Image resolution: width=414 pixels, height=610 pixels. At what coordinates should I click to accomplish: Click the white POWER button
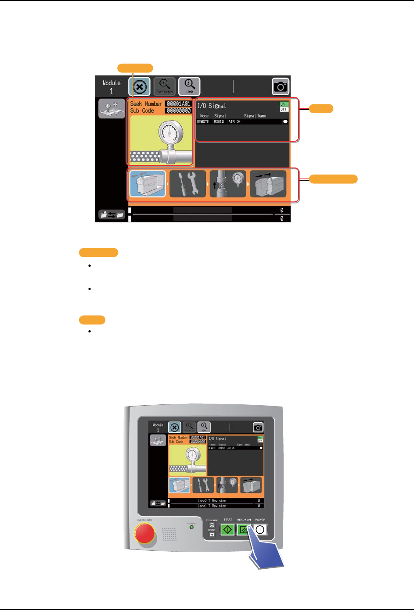[x=260, y=529]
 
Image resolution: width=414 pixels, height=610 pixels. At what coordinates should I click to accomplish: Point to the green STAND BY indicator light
[x=191, y=527]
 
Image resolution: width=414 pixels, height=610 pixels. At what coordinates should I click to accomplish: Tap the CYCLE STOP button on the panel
[x=212, y=525]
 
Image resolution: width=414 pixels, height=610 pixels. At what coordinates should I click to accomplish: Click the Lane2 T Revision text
[x=212, y=501]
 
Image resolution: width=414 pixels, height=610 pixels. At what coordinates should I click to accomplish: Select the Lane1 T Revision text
[x=212, y=506]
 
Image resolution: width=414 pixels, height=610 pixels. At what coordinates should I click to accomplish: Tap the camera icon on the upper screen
[x=281, y=87]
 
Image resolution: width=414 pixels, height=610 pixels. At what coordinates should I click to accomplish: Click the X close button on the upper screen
[x=140, y=87]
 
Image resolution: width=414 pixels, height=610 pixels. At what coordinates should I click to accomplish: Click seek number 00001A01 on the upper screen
[x=178, y=104]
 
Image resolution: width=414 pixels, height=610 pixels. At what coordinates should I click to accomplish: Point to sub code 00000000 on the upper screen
[x=178, y=111]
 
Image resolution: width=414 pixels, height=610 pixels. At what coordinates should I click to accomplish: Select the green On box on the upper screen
[x=284, y=104]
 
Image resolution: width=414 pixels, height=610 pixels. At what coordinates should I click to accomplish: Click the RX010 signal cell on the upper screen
[x=219, y=122]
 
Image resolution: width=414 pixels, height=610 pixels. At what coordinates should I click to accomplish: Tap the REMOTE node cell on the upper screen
[x=203, y=122]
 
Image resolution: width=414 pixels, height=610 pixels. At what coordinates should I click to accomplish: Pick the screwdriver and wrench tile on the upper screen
[x=187, y=184]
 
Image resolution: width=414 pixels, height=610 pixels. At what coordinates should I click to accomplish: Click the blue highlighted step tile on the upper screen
[x=148, y=184]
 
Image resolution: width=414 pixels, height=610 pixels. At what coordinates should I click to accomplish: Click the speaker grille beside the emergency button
[x=169, y=534]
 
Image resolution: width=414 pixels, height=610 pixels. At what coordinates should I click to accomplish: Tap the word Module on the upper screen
[x=112, y=83]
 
